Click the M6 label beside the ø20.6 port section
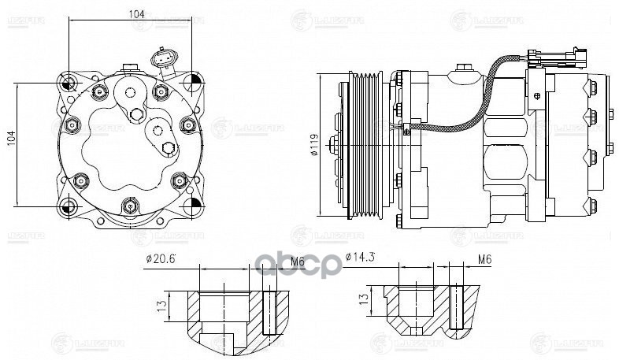click(x=275, y=260)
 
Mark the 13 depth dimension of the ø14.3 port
click(x=364, y=299)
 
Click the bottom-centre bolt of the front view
click(x=130, y=208)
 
